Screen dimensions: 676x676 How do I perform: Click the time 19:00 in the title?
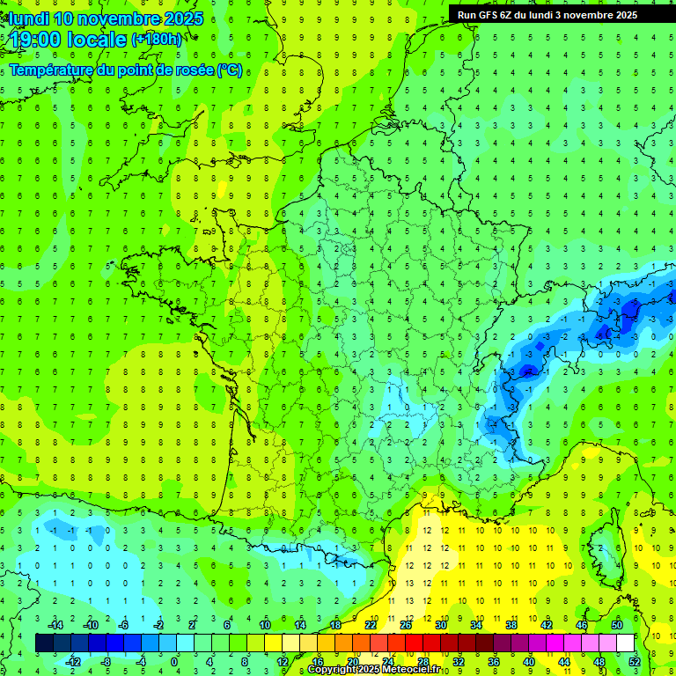(x=38, y=39)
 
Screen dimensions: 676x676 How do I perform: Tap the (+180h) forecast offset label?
(x=157, y=39)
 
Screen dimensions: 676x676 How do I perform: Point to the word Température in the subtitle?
(x=48, y=70)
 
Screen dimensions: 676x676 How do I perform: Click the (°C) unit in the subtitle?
(x=229, y=70)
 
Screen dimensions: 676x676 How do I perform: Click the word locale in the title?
(x=97, y=39)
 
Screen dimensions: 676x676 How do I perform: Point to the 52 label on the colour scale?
(x=634, y=661)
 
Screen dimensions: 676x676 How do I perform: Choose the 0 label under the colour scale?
(x=174, y=661)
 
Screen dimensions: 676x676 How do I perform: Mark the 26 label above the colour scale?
(x=406, y=625)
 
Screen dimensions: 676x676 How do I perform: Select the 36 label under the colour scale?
(x=494, y=661)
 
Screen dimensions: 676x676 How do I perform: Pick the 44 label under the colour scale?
(x=564, y=661)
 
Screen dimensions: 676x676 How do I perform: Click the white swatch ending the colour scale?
(x=625, y=643)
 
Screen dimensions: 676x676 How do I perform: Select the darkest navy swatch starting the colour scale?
(x=44, y=643)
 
